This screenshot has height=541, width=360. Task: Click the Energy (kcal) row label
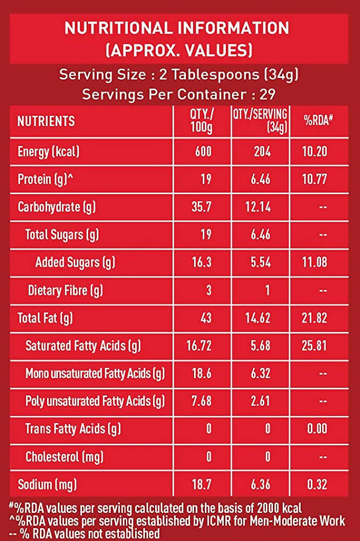point(49,152)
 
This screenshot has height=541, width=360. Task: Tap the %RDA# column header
point(317,121)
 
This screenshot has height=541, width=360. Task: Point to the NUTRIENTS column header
point(46,121)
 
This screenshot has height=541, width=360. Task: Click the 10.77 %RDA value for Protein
point(315,180)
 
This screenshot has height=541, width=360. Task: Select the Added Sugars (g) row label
point(75,263)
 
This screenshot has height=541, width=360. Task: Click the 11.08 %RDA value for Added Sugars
point(315,263)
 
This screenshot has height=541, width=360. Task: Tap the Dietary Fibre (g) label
point(65,291)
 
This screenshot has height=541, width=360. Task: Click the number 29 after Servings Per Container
point(267,95)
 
